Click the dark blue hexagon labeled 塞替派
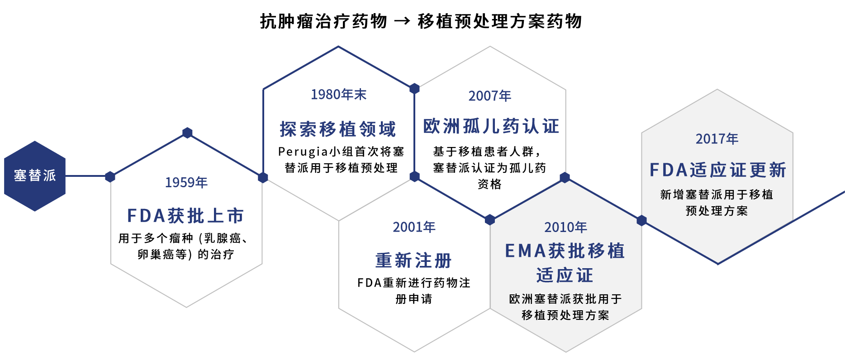(35, 176)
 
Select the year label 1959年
(186, 182)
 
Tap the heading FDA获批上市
(186, 216)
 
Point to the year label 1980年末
(338, 94)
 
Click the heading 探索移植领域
(338, 129)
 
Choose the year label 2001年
(414, 227)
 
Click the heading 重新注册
(414, 261)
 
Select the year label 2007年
(490, 95)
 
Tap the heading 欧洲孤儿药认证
(491, 126)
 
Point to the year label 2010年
(565, 227)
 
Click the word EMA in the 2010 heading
(526, 251)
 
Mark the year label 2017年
(717, 138)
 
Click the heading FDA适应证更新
(718, 170)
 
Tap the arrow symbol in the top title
(402, 21)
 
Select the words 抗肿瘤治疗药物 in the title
(323, 21)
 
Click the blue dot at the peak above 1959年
(187, 133)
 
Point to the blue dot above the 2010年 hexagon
(565, 177)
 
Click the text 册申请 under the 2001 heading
(414, 299)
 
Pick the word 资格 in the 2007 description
(489, 184)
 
